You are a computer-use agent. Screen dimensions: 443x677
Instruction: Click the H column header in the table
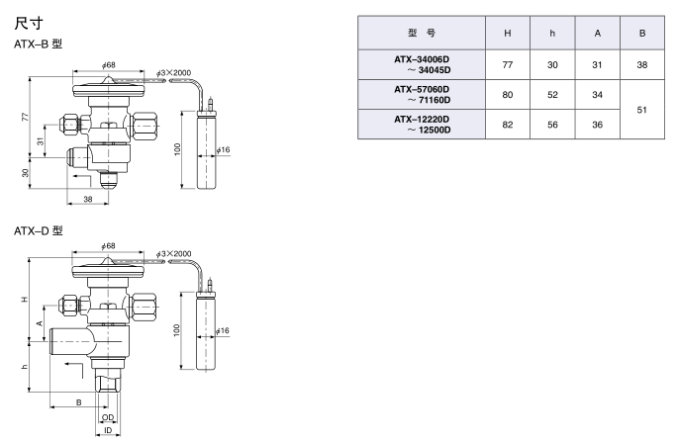pyautogui.click(x=508, y=33)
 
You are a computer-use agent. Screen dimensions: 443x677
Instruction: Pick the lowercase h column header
pyautogui.click(x=553, y=33)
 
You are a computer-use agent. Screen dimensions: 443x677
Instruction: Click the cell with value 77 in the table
pyautogui.click(x=508, y=64)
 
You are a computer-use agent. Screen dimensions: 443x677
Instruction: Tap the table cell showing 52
pyautogui.click(x=553, y=96)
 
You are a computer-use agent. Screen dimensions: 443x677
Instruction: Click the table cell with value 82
pyautogui.click(x=508, y=126)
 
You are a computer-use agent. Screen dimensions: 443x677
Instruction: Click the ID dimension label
pyautogui.click(x=107, y=432)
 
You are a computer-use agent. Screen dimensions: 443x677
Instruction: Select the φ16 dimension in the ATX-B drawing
pyautogui.click(x=224, y=150)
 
